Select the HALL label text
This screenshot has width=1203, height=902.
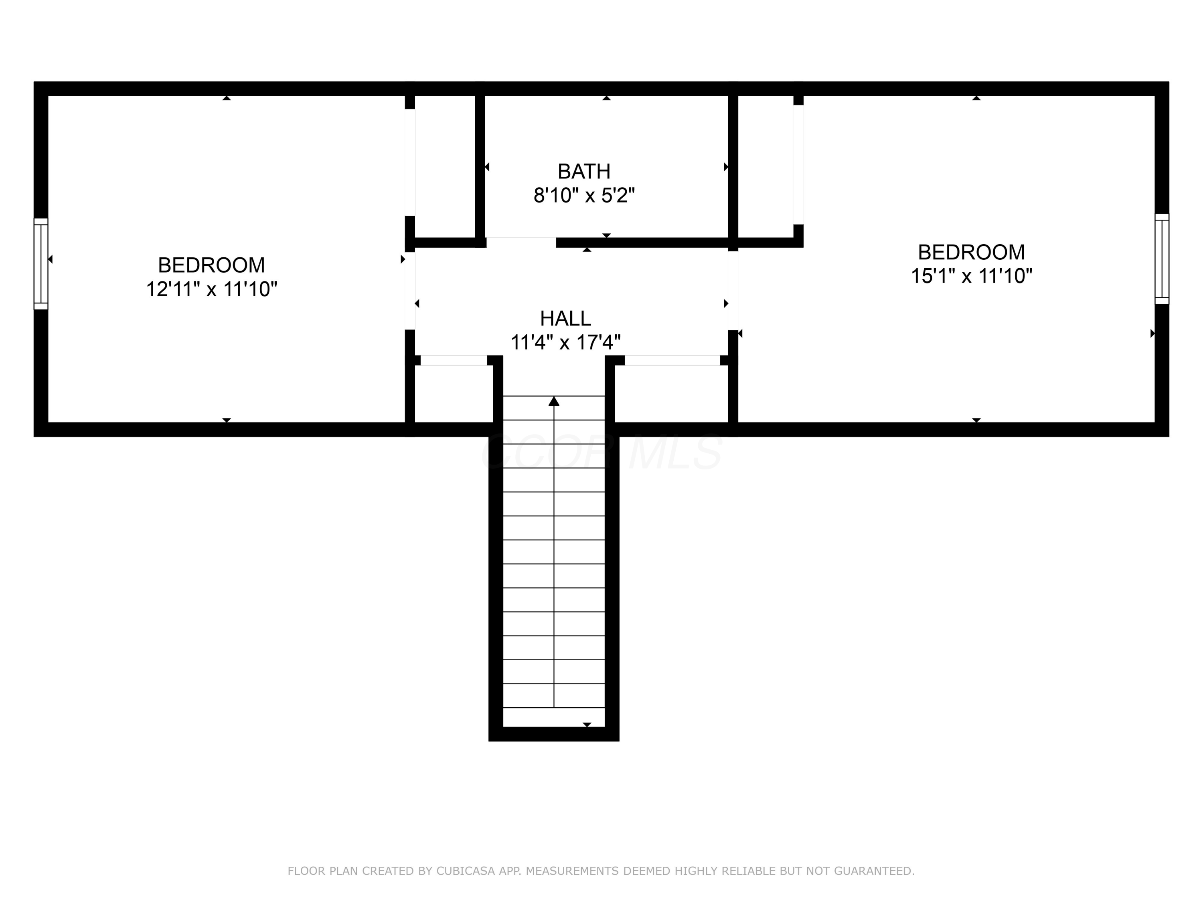coord(565,318)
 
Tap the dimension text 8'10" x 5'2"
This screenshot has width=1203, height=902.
coord(583,195)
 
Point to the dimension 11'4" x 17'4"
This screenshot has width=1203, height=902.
coord(565,342)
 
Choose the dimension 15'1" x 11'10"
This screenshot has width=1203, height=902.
coord(971,276)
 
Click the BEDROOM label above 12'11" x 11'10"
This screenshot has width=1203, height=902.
coord(212,265)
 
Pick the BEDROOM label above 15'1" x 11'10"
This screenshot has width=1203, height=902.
coord(971,252)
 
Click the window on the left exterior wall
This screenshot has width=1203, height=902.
coord(41,264)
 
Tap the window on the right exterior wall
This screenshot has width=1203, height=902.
coord(1162,259)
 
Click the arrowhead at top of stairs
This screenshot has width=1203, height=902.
coord(554,401)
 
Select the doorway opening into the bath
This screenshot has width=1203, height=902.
coord(521,242)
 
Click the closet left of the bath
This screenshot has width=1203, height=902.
coord(445,166)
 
